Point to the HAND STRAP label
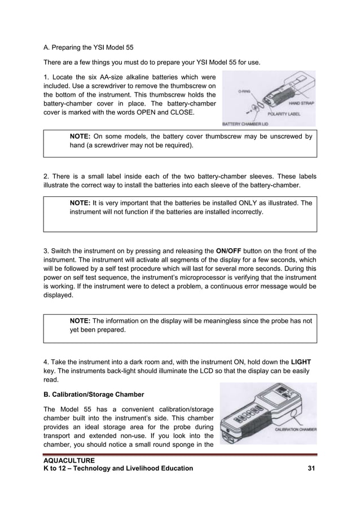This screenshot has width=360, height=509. [302, 103]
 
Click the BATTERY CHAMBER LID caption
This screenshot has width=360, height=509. [248, 123]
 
